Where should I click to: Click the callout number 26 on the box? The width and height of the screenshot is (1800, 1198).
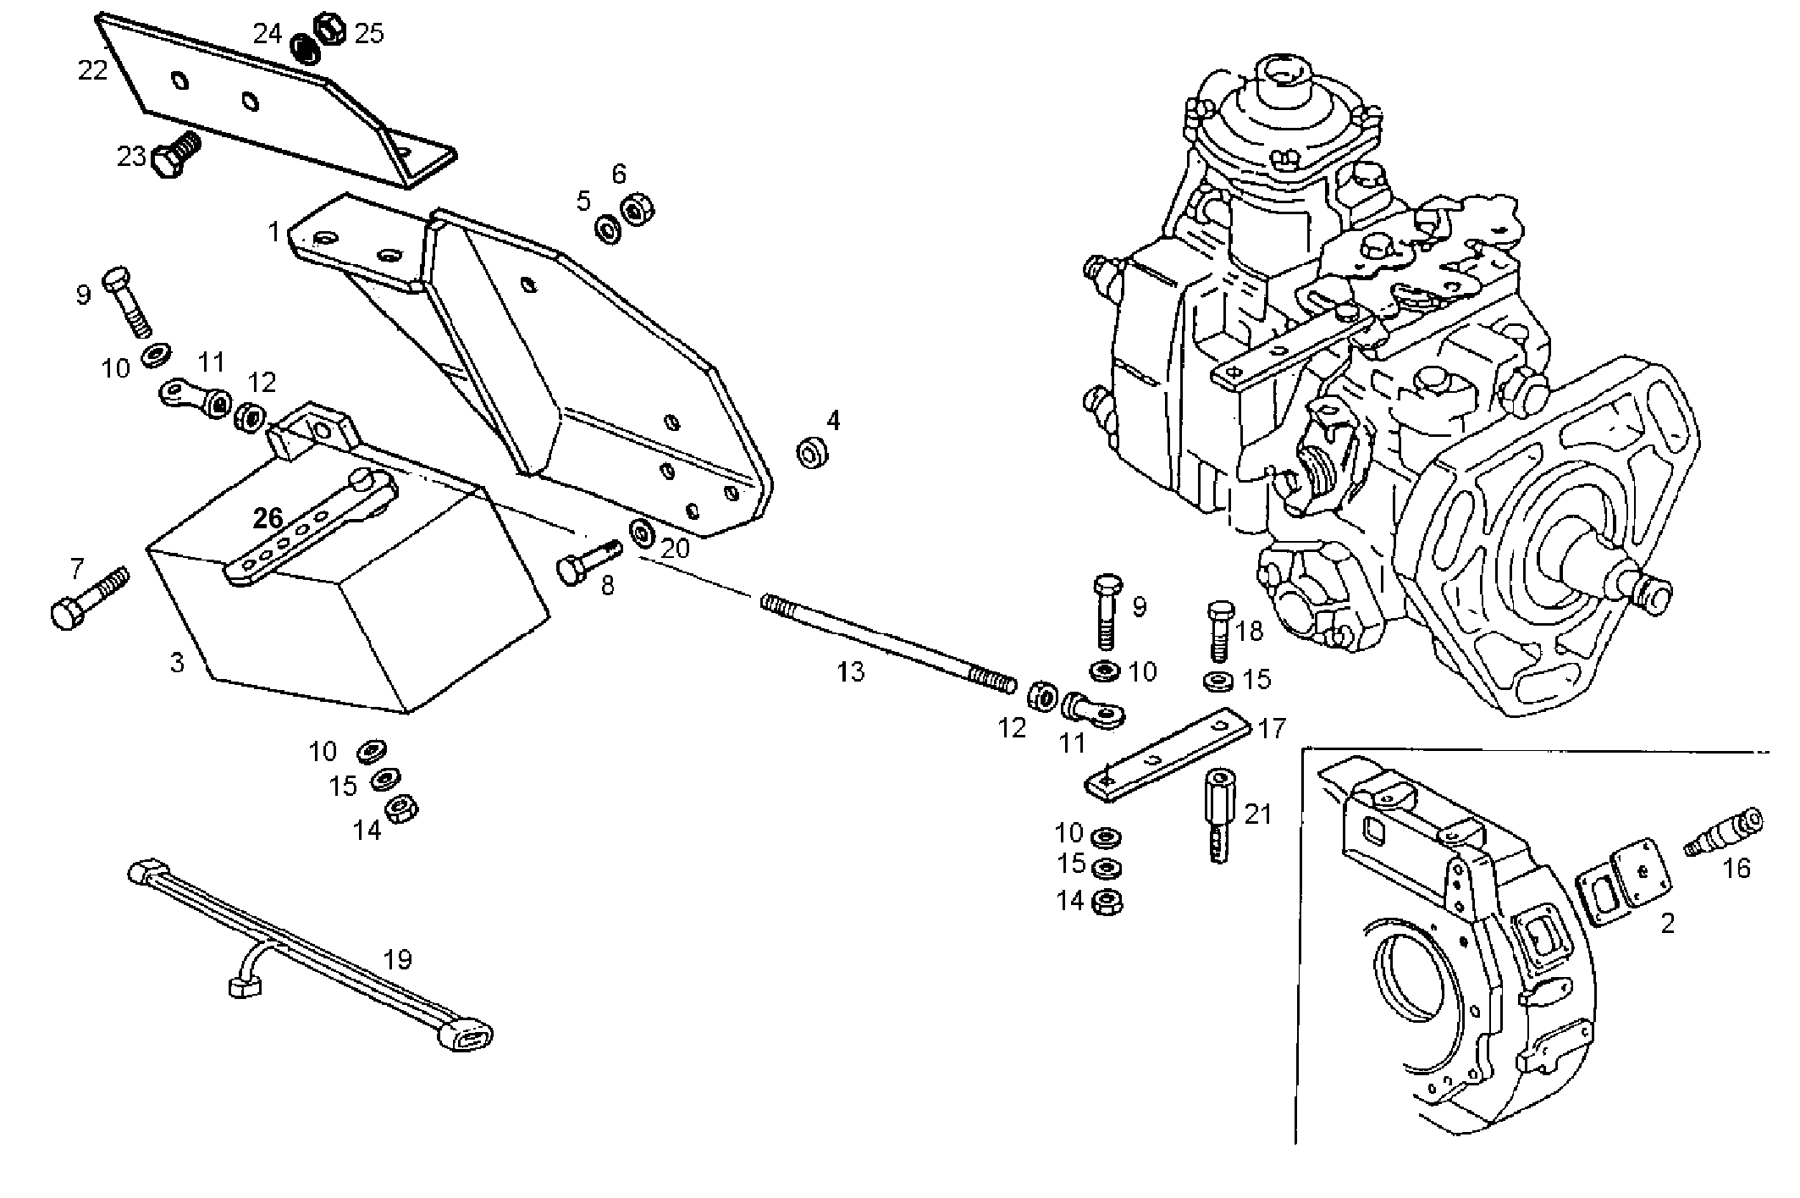pyautogui.click(x=268, y=518)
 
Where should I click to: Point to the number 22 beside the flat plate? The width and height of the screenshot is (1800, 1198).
pyautogui.click(x=92, y=70)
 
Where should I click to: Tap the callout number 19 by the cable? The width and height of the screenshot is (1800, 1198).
pyautogui.click(x=397, y=959)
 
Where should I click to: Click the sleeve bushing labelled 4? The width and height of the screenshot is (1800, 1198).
pyautogui.click(x=813, y=453)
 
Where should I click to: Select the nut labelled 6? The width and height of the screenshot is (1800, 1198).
pyautogui.click(x=636, y=209)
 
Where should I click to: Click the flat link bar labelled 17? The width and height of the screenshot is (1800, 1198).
pyautogui.click(x=1169, y=753)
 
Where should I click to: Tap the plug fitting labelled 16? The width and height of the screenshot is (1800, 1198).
pyautogui.click(x=1724, y=832)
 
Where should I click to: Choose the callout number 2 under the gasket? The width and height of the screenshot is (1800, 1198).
pyautogui.click(x=1667, y=923)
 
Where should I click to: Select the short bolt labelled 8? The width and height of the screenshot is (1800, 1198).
pyautogui.click(x=588, y=561)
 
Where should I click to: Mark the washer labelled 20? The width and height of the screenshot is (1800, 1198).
pyautogui.click(x=642, y=533)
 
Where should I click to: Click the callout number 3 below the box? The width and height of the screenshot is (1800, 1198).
pyautogui.click(x=176, y=663)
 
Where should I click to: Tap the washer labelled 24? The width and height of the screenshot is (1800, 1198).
pyautogui.click(x=304, y=47)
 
